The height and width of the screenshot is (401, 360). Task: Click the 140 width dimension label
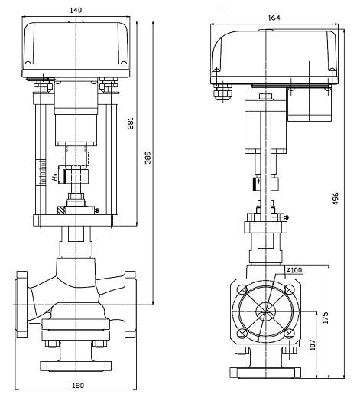[76, 10]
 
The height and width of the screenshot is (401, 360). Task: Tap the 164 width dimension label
[274, 18]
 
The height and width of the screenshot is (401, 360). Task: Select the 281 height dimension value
[131, 123]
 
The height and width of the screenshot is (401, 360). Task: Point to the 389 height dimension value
[148, 158]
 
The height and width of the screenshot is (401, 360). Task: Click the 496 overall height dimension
[336, 198]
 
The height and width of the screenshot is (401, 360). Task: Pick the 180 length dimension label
[78, 385]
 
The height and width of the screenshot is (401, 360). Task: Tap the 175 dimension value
[326, 318]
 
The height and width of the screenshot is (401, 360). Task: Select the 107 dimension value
[312, 344]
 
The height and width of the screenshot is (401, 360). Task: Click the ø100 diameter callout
[294, 270]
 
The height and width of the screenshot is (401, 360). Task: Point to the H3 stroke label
[55, 178]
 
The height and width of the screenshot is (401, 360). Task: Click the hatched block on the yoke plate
[61, 210]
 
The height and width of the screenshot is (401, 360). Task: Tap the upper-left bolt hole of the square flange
[242, 290]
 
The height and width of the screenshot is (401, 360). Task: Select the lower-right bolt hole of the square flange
[289, 334]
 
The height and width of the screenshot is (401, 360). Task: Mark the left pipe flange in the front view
[21, 305]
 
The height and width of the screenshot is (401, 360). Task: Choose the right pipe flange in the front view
[130, 305]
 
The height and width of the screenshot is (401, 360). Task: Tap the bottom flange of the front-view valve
[76, 366]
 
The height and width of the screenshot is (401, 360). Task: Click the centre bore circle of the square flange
[265, 311]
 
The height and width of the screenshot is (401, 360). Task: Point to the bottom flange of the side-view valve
[265, 373]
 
